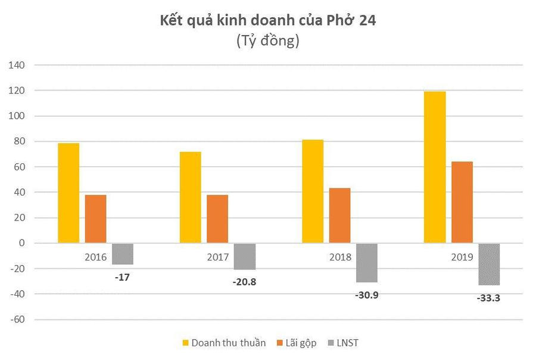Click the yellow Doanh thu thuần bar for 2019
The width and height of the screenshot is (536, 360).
click(x=435, y=167)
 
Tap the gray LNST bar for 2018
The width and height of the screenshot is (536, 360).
click(x=367, y=262)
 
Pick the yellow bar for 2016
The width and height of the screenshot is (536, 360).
click(x=68, y=193)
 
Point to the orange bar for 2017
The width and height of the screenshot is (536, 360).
click(x=217, y=219)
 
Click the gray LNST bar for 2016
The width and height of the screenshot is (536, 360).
click(x=123, y=254)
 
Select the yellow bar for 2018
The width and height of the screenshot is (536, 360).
click(x=313, y=191)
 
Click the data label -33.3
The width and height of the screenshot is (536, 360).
click(x=488, y=298)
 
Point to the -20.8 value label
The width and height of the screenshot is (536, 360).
click(x=245, y=282)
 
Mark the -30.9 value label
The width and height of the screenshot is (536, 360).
click(x=367, y=295)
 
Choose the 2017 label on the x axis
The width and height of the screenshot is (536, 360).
click(x=218, y=257)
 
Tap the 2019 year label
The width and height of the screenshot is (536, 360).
click(x=462, y=257)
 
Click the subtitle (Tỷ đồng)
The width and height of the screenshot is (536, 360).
click(x=267, y=41)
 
